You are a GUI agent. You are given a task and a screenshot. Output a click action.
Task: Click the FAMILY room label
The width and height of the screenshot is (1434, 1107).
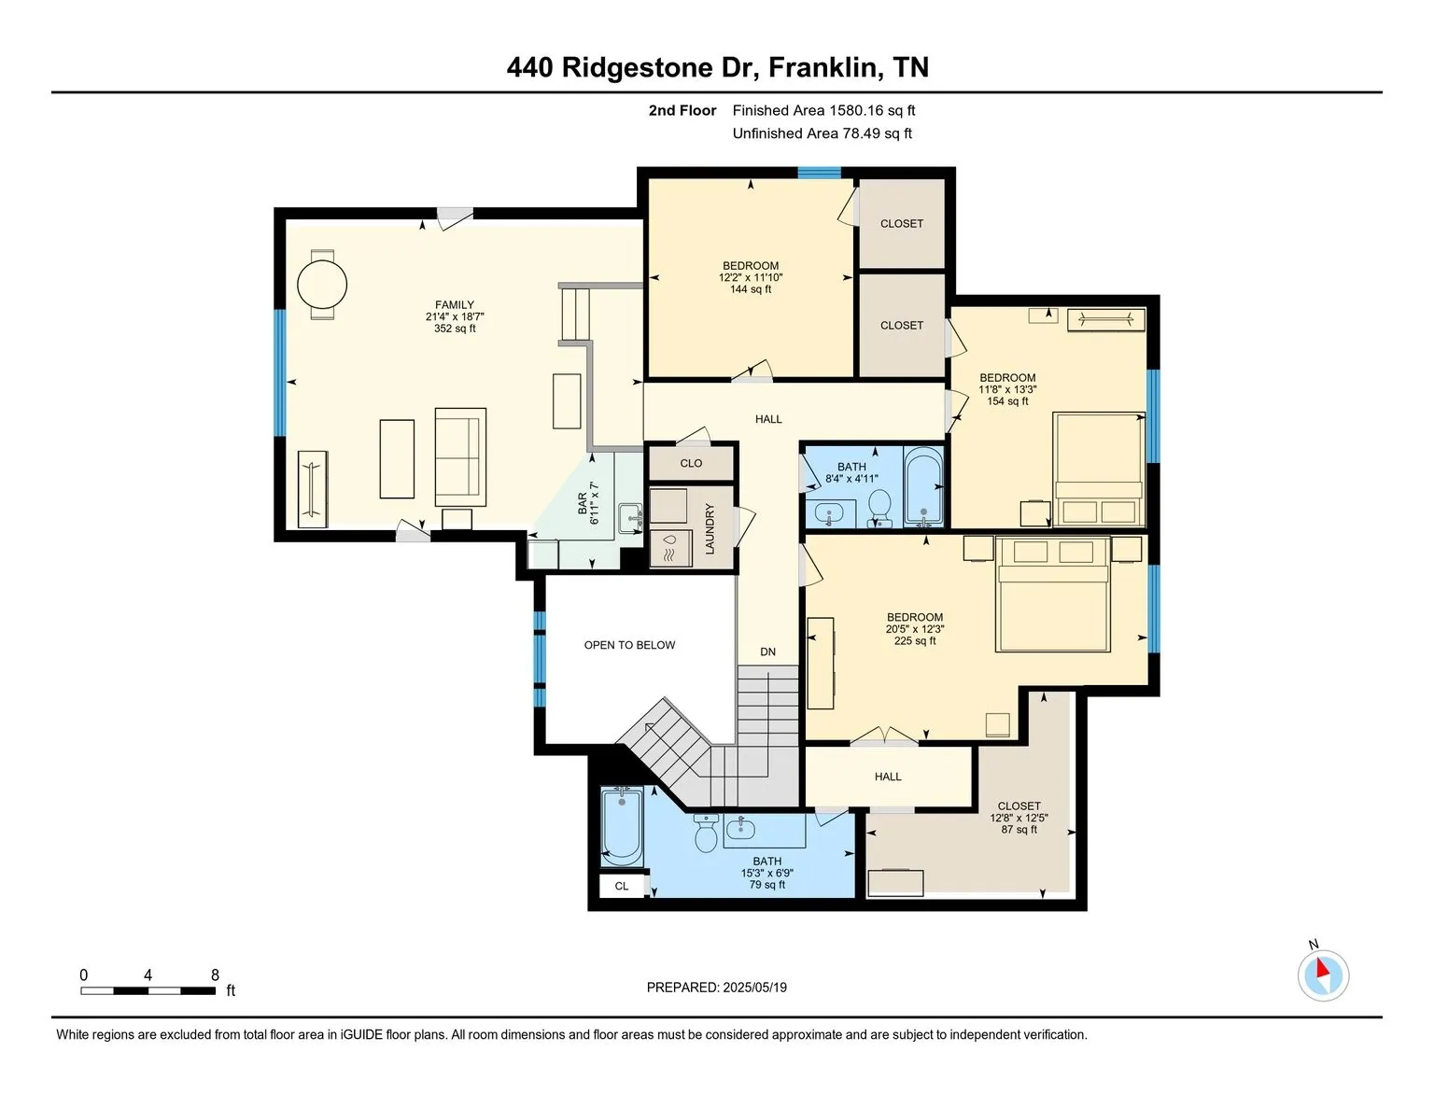pos(454,305)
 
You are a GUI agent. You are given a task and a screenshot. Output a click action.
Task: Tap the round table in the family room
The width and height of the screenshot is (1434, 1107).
pos(322,285)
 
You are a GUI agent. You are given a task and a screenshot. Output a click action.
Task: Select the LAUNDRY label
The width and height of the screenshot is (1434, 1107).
pos(710,528)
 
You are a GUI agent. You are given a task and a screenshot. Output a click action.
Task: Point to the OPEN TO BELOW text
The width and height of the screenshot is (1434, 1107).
pos(629,645)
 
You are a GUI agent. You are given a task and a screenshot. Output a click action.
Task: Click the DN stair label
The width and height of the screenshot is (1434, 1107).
pos(767,652)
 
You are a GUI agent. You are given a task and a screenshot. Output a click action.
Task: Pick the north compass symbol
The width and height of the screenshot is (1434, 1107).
pos(1323,974)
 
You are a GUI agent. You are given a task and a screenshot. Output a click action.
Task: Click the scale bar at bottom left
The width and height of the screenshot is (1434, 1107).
pos(148,990)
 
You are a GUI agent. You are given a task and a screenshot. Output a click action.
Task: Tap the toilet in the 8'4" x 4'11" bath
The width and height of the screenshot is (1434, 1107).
pos(879,509)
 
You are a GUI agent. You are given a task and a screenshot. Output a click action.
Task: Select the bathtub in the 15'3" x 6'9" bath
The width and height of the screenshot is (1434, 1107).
pos(622,827)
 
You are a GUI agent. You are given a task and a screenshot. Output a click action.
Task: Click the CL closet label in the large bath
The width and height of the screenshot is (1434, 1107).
pos(621,886)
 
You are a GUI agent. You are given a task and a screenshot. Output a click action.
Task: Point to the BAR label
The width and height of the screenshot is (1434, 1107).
pos(583,503)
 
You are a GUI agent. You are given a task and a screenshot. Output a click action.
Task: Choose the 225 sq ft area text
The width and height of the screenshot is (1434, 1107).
pos(915,640)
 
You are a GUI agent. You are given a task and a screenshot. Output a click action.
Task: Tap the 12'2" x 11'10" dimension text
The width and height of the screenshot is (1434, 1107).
pos(751,278)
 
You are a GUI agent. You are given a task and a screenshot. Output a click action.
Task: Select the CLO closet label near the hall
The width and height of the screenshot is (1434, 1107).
pos(691,463)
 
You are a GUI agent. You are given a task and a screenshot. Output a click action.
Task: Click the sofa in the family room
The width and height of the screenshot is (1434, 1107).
pos(460,457)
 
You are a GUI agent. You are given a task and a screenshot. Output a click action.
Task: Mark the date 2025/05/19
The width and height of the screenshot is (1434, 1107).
pos(754,988)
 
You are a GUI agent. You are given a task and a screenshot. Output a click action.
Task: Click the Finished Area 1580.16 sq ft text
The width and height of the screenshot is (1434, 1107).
pos(823,111)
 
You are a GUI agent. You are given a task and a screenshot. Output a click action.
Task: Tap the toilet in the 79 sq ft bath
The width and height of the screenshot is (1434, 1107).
pos(706,833)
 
